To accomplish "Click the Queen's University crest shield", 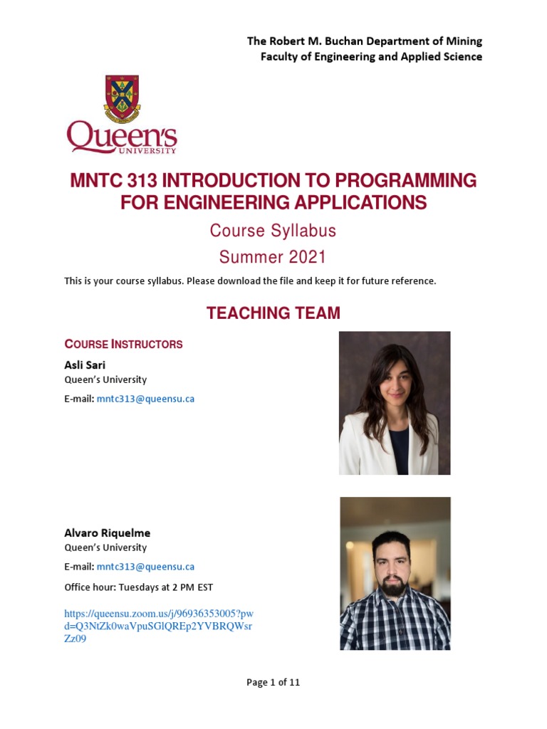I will [x=122, y=98].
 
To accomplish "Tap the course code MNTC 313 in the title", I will [x=113, y=181].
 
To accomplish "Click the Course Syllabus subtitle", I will [x=273, y=231].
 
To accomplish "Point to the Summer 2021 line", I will [x=273, y=257].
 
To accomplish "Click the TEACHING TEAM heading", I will [x=273, y=313].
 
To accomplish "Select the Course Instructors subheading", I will [x=123, y=345].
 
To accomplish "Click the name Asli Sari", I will [x=85, y=364].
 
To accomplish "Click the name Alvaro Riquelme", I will [x=107, y=533].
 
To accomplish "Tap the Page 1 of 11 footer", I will [x=273, y=682].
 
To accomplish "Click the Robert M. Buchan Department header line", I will [x=364, y=41].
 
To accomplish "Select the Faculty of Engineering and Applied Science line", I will [x=371, y=57].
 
